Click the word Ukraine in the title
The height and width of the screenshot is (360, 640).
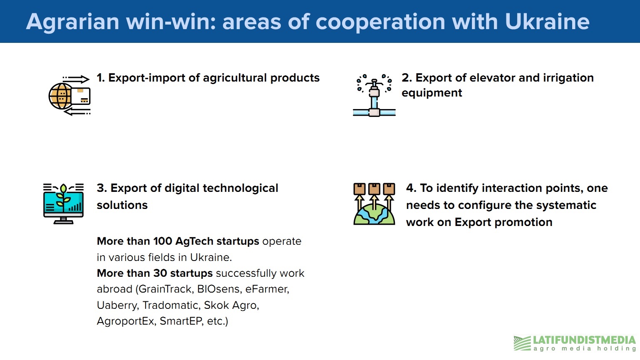(547, 22)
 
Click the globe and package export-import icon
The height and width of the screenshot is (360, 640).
(69, 96)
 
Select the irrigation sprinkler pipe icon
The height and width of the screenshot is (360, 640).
(374, 95)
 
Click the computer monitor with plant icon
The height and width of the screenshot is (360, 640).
(63, 204)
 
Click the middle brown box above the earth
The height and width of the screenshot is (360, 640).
(374, 189)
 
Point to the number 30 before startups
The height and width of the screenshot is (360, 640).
(160, 273)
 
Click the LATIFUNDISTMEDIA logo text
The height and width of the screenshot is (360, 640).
(584, 340)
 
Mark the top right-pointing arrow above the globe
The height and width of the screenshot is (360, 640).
(76, 79)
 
